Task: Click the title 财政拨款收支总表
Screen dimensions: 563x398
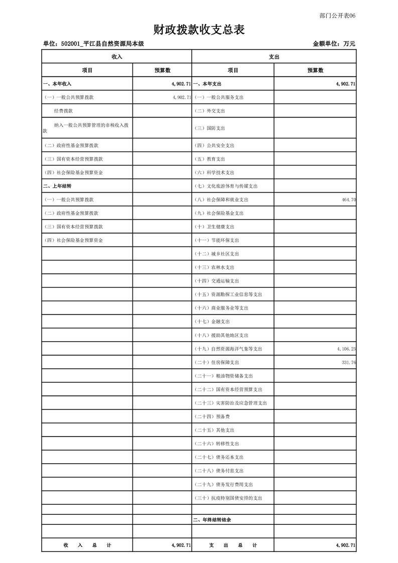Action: [199, 30]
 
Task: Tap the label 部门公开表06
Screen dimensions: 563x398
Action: [337, 16]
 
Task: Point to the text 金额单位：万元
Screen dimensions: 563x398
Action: [334, 44]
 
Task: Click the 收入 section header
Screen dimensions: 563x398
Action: [116, 57]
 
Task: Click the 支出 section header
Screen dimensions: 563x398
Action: [274, 57]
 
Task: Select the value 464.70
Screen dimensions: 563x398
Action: [348, 200]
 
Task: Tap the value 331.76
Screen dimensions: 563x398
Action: [348, 362]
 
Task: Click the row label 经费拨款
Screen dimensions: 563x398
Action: [64, 111]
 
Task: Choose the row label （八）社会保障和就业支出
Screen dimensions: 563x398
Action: [221, 200]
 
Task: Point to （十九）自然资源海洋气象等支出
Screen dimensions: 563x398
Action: [228, 349]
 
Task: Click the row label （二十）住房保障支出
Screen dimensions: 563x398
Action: [217, 362]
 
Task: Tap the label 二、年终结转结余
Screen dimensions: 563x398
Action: [212, 520]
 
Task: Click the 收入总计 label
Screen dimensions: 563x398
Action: [87, 545]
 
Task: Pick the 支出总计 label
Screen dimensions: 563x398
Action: [233, 545]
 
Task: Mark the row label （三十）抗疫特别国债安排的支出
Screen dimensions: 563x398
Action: [228, 498]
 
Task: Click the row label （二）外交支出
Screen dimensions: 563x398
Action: [210, 111]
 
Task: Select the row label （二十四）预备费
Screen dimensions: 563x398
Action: [212, 416]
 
